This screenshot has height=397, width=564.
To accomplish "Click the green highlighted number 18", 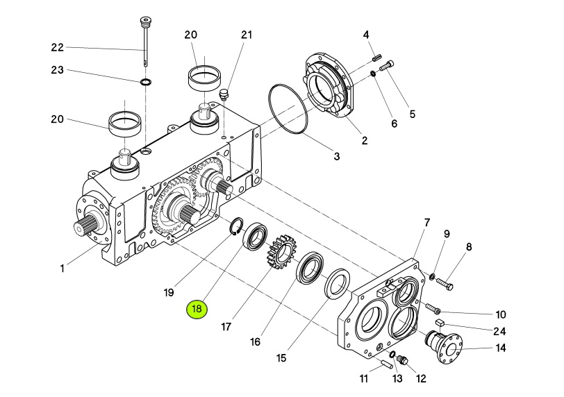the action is (x=197, y=310).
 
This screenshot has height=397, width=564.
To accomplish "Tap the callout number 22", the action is (x=57, y=47).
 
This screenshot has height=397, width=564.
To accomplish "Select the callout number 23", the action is (x=57, y=69).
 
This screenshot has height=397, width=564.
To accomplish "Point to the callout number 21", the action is (x=247, y=35).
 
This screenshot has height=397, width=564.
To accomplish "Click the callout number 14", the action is (x=501, y=348).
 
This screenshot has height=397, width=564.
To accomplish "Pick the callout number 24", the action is (x=499, y=331).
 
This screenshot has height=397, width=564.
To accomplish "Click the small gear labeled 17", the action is (x=281, y=251).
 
